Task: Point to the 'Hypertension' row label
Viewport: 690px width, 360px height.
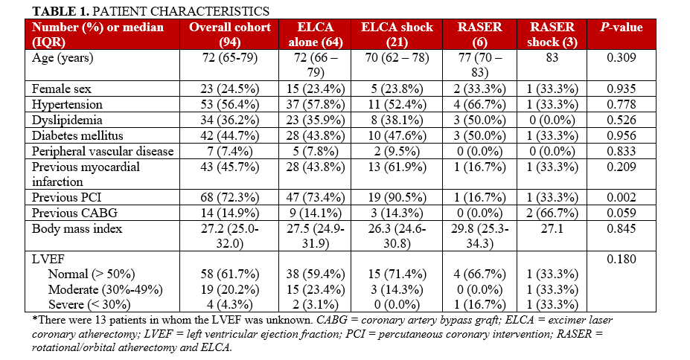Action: [x=68, y=104]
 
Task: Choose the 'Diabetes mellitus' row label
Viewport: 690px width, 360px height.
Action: [x=78, y=135]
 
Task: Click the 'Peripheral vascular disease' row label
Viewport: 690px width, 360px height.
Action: [x=103, y=151]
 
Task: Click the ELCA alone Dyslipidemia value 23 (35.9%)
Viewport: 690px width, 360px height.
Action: [x=314, y=120]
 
